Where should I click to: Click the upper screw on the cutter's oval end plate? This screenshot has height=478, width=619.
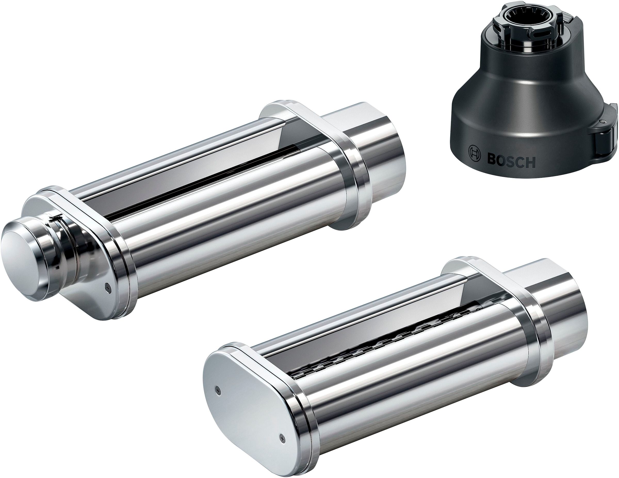click(x=217, y=389)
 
